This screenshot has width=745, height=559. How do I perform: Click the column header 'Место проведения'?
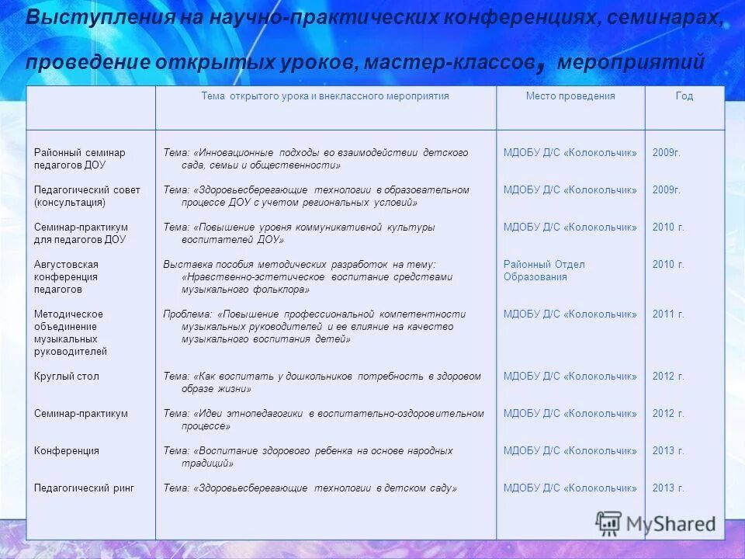(570, 96)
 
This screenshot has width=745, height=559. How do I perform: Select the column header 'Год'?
(684, 96)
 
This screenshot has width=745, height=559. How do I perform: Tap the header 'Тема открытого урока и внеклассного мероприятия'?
(325, 96)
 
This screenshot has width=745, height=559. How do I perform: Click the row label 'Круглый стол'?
(67, 377)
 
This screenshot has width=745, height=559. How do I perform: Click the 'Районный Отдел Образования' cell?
(544, 270)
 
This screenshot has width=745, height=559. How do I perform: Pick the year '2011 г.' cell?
(668, 314)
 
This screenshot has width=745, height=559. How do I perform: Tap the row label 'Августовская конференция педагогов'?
(66, 276)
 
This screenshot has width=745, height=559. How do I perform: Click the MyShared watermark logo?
(656, 523)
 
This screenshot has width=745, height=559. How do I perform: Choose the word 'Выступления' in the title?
(87, 19)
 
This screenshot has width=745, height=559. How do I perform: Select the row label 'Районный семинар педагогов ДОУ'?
(79, 158)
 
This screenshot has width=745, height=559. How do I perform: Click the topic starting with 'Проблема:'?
(314, 326)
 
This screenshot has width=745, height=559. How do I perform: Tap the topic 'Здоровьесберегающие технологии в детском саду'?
(310, 488)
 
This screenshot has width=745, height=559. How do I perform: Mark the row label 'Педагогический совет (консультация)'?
(87, 196)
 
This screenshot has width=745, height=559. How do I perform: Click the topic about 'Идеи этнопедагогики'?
(323, 419)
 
